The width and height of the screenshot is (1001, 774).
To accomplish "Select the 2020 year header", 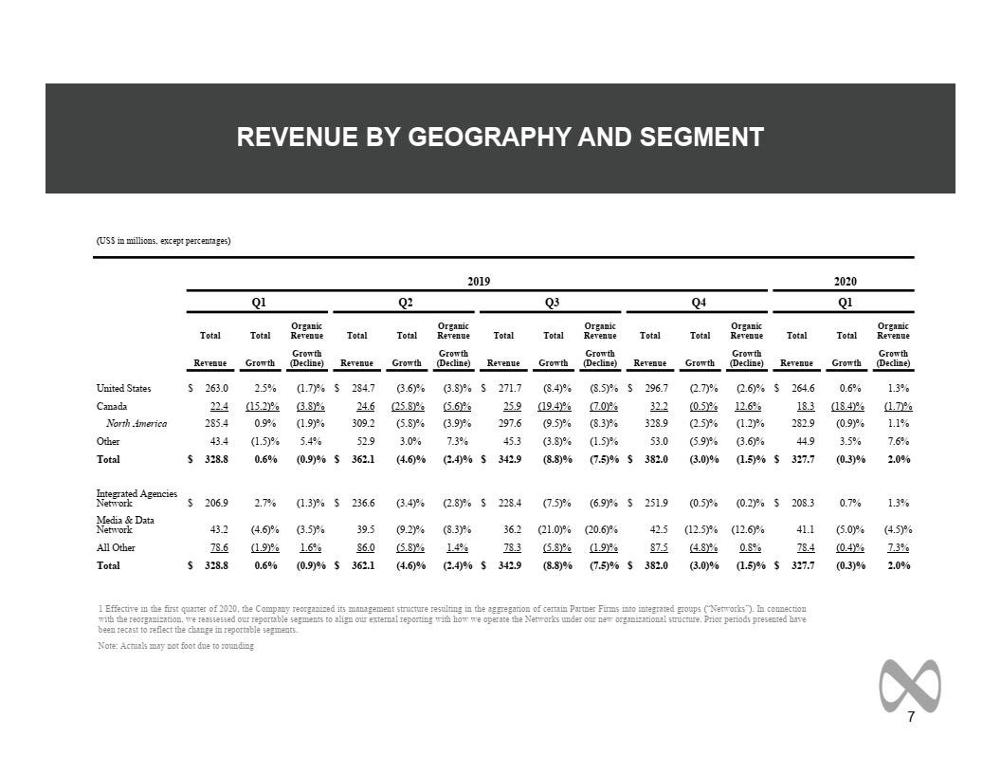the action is [846, 281].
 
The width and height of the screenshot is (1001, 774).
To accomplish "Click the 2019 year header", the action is [479, 281].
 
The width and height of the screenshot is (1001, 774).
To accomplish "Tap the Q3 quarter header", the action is [553, 302].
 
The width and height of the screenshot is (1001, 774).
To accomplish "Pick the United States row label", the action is [124, 388].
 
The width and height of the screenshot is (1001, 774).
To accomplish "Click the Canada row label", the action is [112, 406].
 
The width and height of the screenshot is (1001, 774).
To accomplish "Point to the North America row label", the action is [136, 423].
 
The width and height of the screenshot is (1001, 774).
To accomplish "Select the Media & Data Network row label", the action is [125, 525].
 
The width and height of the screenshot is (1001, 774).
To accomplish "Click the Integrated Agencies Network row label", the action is [136, 498].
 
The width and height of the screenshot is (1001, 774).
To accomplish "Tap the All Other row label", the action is [116, 547].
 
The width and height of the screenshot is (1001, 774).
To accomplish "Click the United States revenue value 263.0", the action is [216, 388].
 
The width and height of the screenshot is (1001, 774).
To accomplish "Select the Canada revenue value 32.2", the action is [659, 406].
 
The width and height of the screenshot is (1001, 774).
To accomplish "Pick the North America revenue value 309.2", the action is [363, 423].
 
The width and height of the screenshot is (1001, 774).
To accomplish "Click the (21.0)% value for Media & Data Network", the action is [555, 529].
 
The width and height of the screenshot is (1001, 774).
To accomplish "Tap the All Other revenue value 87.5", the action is [659, 547].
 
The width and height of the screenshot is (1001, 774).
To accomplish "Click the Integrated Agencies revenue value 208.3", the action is [803, 504].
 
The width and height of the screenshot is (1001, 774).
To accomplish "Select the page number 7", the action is [911, 716].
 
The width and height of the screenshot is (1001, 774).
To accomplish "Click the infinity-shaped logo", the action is [910, 686].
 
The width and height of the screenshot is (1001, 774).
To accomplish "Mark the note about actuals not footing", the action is [176, 646].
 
